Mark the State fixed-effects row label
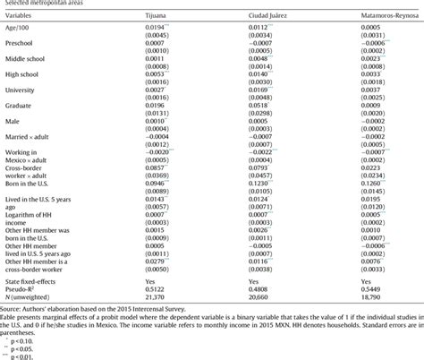click(x=32, y=279)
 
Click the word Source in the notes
click(x=13, y=309)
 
